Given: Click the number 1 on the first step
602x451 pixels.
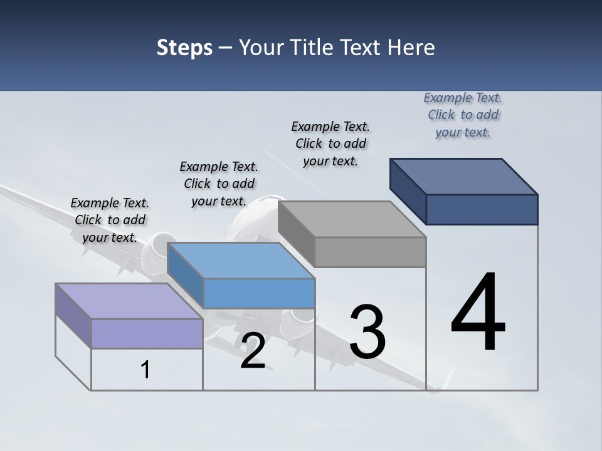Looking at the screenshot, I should pos(145,370).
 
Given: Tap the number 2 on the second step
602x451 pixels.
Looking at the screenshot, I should pos(253,351).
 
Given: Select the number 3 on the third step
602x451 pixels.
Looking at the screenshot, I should pos(367,332).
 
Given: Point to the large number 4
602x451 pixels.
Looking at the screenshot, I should pos(478,313).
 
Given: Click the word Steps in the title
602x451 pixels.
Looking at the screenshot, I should pos(184,48).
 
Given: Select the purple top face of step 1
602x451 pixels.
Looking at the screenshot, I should pos(129,301).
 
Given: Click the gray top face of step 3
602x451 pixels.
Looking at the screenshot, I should pos(351,219).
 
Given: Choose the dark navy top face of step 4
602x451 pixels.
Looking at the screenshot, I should pos(463,177).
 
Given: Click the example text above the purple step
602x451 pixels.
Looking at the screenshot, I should pos(110,220).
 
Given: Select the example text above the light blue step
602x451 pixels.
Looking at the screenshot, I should pos(219,184).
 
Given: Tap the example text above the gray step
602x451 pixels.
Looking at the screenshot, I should pos(330,143).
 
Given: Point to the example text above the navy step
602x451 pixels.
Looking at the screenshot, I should pos(463,115).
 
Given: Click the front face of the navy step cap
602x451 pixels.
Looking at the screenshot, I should pos(482,209).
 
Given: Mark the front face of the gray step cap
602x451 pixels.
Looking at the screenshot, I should pos(370,252).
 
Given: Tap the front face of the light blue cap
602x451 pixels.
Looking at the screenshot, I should pos(259,293).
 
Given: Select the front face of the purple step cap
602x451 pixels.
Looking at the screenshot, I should pos(147,333).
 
